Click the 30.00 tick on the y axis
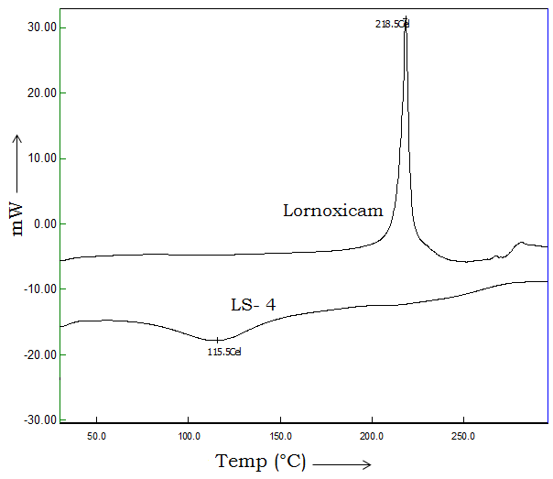pos(43,27)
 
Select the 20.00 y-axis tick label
pos(43,93)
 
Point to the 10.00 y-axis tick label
pos(43,158)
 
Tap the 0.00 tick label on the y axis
pos(45,223)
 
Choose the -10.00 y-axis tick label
pos(41,288)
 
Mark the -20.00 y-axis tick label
pos(41,354)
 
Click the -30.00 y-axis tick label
pos(41,419)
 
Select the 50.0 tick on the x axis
pos(97,436)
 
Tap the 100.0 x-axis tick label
pos(189,436)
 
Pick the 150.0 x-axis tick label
pos(280,436)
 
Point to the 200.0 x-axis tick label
pos(372,436)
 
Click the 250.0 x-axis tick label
pos(463,436)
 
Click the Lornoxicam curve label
pos(332,211)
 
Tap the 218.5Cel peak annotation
pos(392,24)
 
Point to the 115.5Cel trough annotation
pos(224,351)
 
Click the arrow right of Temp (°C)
pos(342,463)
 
